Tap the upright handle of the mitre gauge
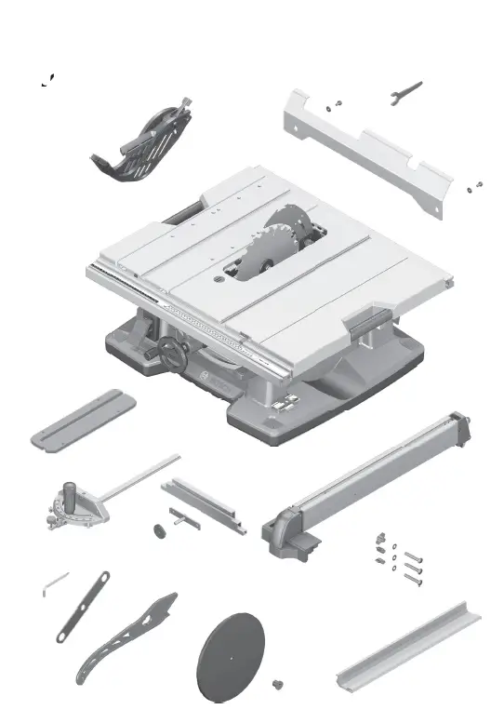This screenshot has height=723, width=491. [70, 490]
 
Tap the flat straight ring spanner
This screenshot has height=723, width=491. [83, 606]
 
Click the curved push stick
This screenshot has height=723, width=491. [126, 638]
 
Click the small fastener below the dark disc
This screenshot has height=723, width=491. [275, 686]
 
